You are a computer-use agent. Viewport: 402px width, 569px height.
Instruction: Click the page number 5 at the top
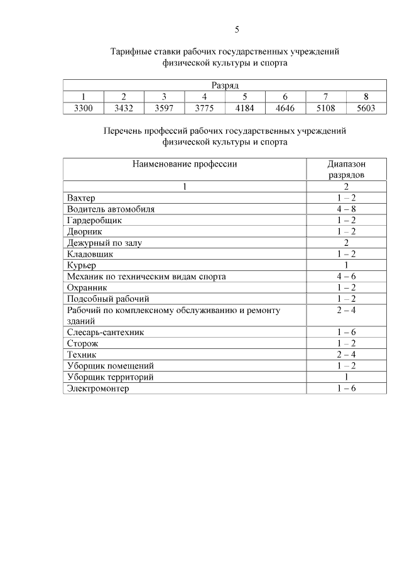tap(237, 30)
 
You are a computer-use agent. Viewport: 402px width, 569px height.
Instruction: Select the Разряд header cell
tap(225, 86)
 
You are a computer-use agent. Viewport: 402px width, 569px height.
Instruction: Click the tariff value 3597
tap(164, 108)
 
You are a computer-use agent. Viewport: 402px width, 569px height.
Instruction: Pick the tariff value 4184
tap(244, 108)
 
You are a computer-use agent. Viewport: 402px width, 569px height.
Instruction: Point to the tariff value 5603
tap(366, 108)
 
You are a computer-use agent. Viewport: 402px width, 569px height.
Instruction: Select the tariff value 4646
tap(285, 108)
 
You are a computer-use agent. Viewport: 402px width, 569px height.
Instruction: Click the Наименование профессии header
tap(185, 164)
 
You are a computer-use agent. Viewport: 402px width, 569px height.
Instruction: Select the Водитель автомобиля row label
tap(111, 209)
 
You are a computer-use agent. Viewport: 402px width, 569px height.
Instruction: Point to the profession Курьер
tap(81, 265)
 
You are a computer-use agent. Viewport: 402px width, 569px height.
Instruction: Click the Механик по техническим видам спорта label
tap(146, 277)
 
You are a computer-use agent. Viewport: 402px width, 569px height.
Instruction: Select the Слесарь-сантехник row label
tap(106, 332)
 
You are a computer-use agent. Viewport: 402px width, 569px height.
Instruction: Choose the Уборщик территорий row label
tap(110, 377)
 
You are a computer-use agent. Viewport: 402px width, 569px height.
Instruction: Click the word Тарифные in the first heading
tap(131, 52)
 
